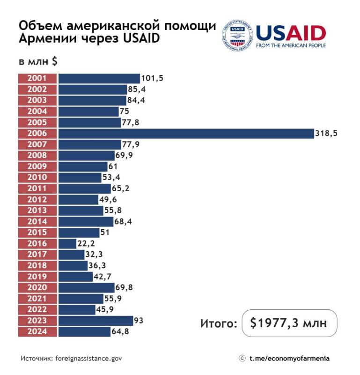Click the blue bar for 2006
(x=186, y=134)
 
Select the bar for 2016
(x=67, y=244)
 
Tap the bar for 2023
(x=96, y=321)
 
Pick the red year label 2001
(x=37, y=78)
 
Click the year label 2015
(x=37, y=232)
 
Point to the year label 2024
(x=37, y=332)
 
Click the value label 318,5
(x=326, y=134)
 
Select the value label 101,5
(x=152, y=78)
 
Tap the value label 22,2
(x=87, y=244)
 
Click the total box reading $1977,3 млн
(x=289, y=323)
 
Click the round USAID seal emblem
(x=238, y=35)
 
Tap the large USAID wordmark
(x=291, y=33)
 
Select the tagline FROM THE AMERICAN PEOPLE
(x=291, y=45)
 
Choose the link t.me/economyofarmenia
(x=289, y=359)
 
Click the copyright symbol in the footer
(x=242, y=359)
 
